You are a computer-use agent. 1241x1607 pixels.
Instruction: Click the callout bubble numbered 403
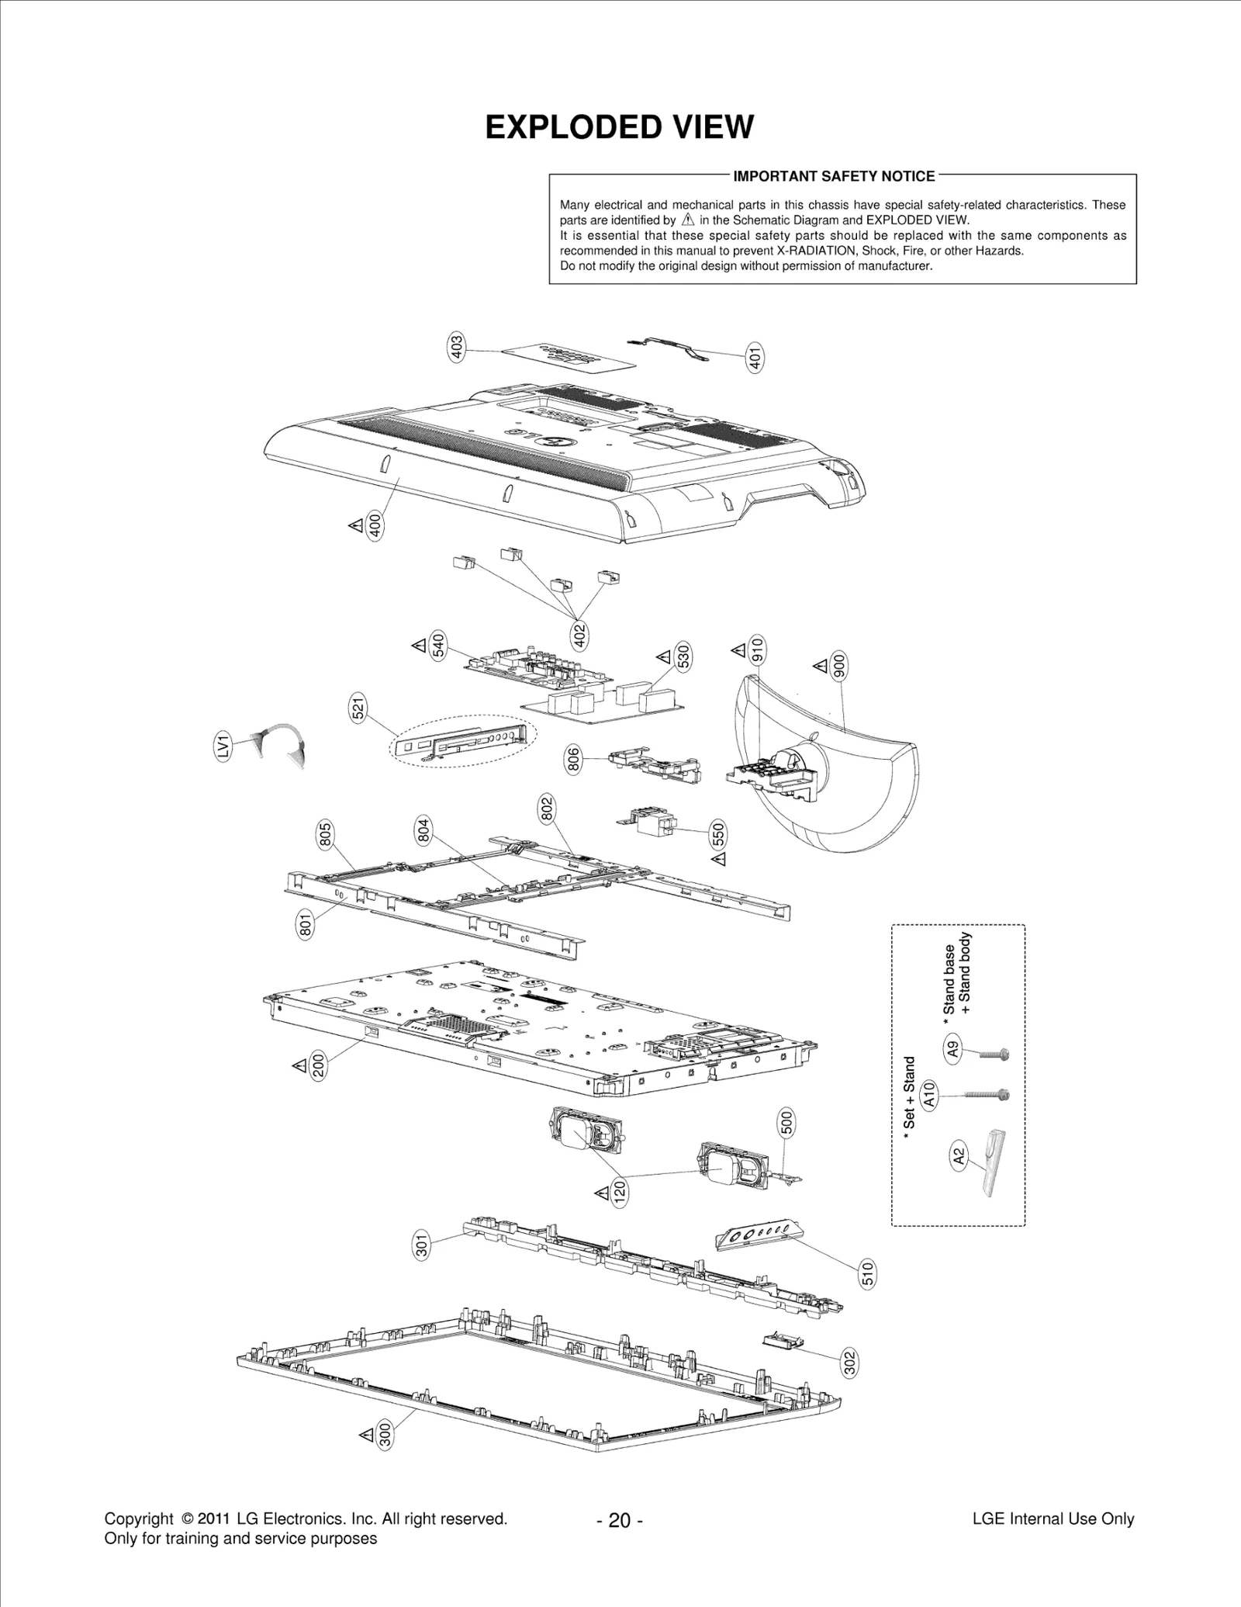457,347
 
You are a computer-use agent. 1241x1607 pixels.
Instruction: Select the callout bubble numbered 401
754,357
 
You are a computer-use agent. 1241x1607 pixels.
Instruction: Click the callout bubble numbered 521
358,710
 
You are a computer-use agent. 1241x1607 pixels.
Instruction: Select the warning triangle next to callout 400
355,526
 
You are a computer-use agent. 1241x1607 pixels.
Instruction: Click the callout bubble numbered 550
718,835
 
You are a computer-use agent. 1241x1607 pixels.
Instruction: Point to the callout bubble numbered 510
867,1274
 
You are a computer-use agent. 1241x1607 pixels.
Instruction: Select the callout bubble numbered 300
385,1436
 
